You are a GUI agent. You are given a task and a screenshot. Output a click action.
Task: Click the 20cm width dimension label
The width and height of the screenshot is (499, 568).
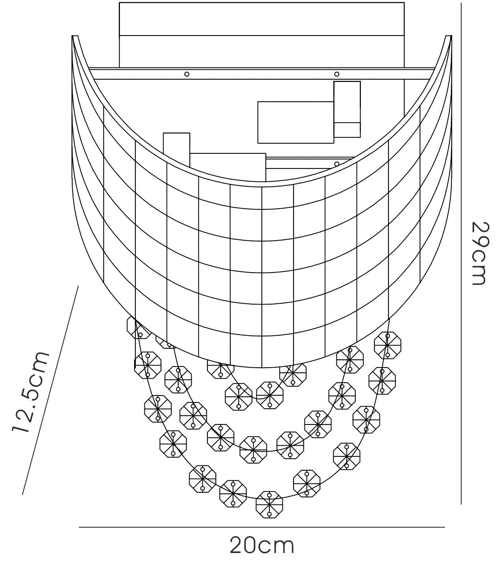[262, 546]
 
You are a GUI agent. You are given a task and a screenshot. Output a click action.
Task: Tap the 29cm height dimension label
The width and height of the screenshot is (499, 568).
[480, 254]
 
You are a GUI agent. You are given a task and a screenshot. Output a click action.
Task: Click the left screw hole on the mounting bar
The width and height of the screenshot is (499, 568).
[187, 74]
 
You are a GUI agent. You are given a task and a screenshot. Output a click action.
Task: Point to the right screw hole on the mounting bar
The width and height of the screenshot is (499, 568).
[337, 74]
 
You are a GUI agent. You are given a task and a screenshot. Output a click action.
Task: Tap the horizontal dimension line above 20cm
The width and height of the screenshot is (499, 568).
[262, 527]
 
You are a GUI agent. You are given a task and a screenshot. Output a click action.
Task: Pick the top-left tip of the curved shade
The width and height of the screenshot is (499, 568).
[72, 36]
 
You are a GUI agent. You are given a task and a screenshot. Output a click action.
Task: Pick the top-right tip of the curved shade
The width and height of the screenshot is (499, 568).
[452, 36]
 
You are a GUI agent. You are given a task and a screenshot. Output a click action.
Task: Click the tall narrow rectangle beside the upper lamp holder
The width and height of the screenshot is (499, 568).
[347, 109]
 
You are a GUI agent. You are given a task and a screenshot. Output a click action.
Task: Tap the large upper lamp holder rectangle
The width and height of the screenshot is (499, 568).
[296, 123]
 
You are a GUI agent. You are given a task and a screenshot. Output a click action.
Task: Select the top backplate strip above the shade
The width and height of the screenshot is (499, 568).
[262, 19]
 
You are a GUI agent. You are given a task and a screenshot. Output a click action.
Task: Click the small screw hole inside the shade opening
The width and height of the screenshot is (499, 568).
[337, 164]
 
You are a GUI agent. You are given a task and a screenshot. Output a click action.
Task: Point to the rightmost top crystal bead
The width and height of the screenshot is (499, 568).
[388, 346]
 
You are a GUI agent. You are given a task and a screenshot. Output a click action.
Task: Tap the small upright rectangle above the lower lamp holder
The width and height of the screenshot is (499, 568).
[176, 150]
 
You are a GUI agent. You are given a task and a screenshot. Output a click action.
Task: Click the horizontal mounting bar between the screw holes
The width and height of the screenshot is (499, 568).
[262, 73]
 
